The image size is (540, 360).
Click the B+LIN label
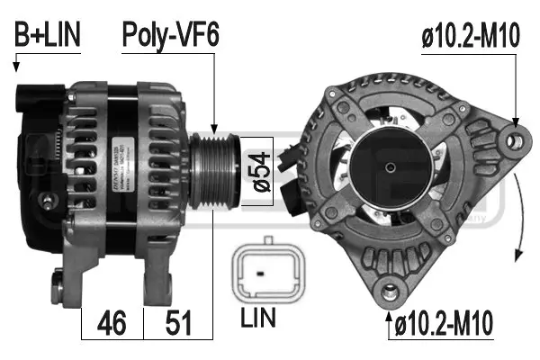[48, 35]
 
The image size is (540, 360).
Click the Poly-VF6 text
[171, 35]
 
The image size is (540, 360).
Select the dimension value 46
[112, 321]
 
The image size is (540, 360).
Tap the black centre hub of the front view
[391, 166]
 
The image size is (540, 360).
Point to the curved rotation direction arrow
[523, 211]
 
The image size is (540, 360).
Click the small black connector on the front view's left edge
[287, 158]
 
